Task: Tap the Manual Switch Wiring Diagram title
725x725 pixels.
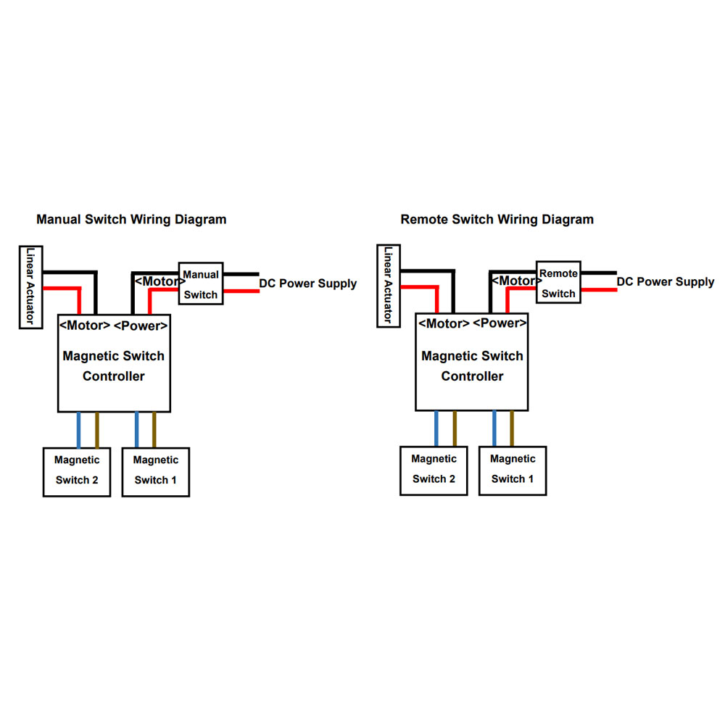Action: tap(131, 219)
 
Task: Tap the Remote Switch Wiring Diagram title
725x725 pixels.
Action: tap(497, 219)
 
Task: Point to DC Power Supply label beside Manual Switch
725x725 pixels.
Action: tap(308, 283)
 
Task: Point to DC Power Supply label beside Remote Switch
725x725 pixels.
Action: tap(666, 281)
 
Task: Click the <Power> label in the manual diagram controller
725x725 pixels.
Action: tap(141, 326)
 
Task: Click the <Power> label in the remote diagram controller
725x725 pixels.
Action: tap(500, 323)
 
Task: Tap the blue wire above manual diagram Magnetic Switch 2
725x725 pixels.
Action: tap(78, 429)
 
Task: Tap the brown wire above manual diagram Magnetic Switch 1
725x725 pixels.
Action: tap(154, 429)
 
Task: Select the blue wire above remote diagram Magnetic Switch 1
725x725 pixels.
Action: tap(494, 428)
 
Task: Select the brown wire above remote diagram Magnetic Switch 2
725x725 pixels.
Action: tap(455, 428)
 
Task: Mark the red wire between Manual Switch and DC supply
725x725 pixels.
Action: tap(241, 291)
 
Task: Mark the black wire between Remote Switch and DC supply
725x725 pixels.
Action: tap(599, 273)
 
